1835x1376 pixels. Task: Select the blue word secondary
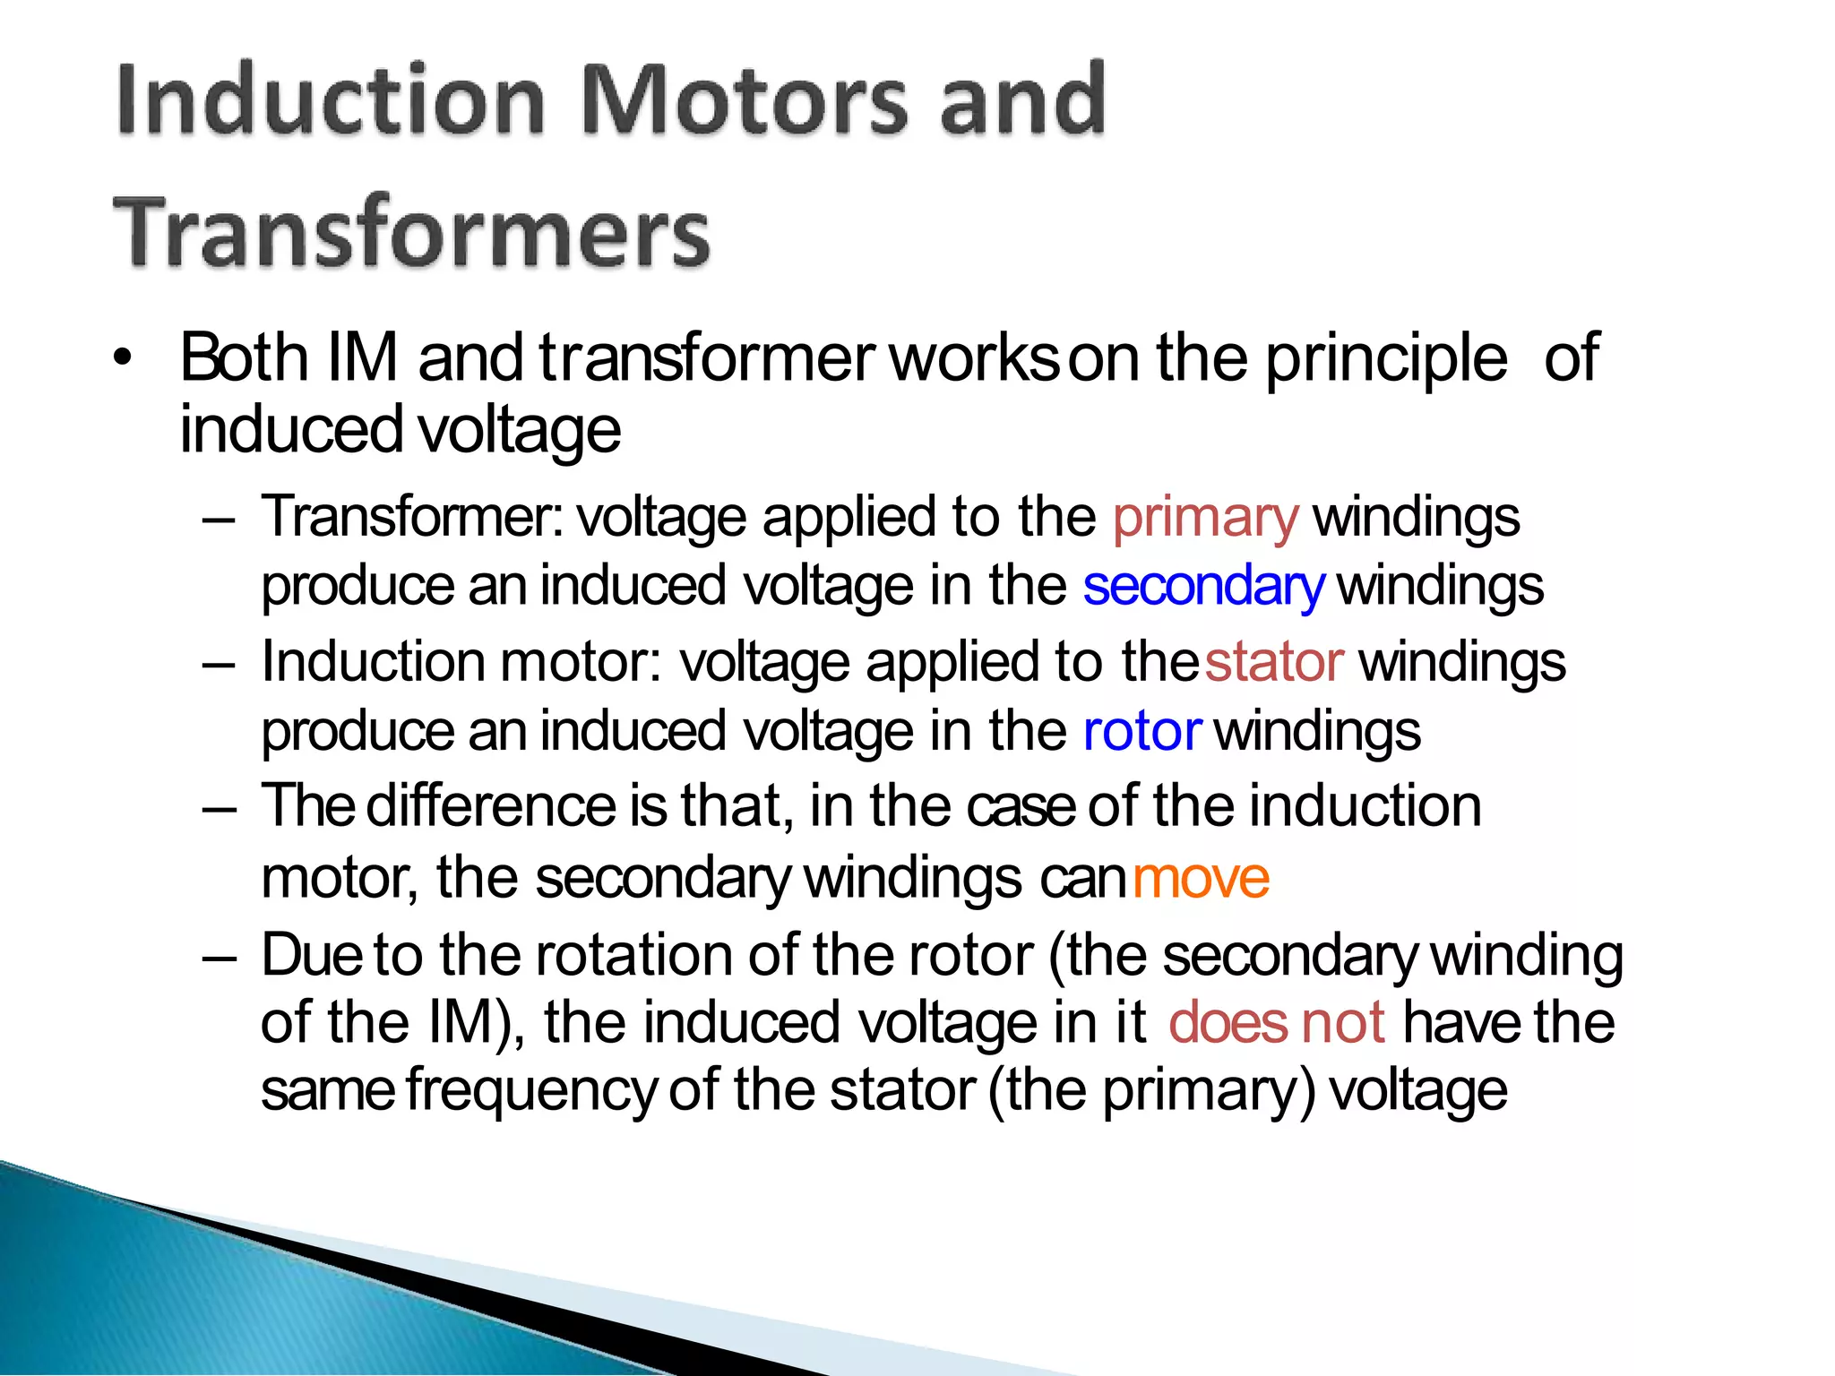(1202, 588)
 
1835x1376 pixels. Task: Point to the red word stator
(1273, 663)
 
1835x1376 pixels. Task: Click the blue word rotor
(1141, 732)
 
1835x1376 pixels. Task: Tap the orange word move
(1201, 879)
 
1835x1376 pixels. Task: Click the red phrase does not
(1277, 1023)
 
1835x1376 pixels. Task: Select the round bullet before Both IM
(123, 358)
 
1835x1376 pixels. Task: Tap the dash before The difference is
(220, 809)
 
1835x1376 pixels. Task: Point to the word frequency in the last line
(531, 1092)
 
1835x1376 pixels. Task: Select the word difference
(490, 806)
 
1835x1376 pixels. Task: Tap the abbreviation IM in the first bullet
(363, 358)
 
